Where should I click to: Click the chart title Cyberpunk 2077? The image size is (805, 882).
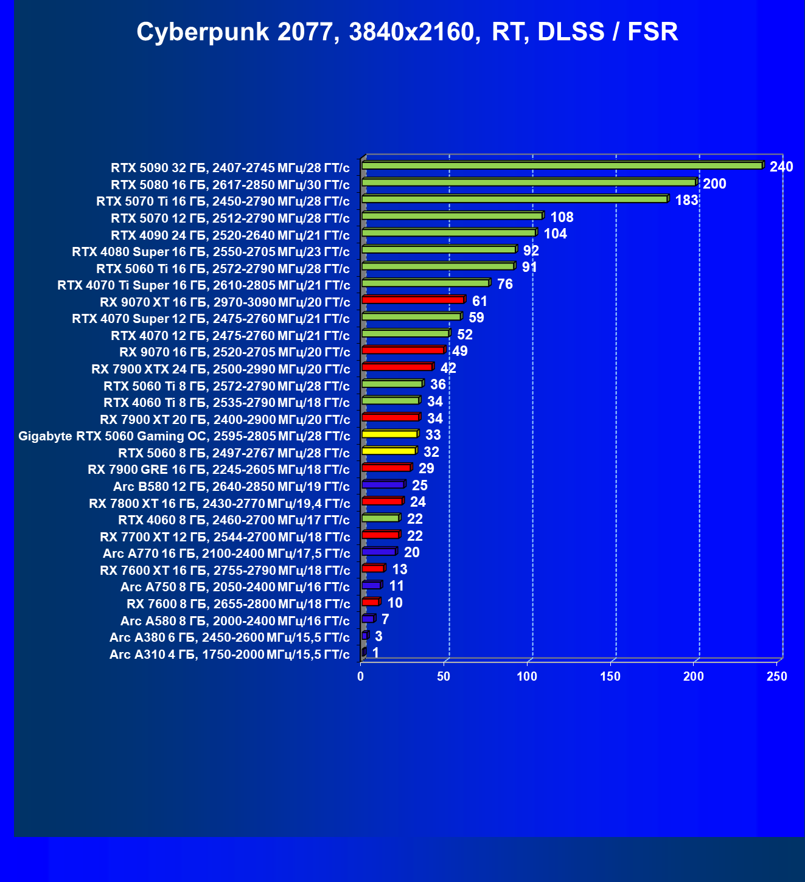click(x=407, y=32)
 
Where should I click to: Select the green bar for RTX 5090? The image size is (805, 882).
click(x=562, y=165)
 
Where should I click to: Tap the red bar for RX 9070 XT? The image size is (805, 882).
click(x=413, y=300)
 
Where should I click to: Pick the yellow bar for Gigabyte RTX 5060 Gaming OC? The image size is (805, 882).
click(x=389, y=434)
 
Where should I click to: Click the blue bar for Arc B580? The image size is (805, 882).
click(x=383, y=485)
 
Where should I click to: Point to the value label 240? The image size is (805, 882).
click(x=781, y=167)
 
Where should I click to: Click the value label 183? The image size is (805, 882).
click(x=686, y=200)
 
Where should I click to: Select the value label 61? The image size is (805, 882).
click(x=479, y=301)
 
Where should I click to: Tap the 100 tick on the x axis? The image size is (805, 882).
click(x=527, y=676)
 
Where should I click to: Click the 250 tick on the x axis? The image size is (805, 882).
click(x=776, y=676)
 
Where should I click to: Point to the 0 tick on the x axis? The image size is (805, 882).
click(x=361, y=676)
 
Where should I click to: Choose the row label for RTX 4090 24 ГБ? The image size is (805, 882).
click(x=230, y=235)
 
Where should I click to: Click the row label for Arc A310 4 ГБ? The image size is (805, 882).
click(x=229, y=655)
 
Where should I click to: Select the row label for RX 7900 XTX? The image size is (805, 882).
click(x=221, y=369)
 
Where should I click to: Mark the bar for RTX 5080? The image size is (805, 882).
click(x=528, y=182)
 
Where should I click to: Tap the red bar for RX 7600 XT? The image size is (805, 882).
click(x=372, y=568)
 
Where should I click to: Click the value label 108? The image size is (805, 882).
click(x=562, y=217)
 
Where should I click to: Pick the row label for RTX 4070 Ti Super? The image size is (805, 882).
click(x=203, y=285)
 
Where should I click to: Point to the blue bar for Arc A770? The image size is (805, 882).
click(x=378, y=552)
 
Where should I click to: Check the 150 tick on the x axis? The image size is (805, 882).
click(x=610, y=676)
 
